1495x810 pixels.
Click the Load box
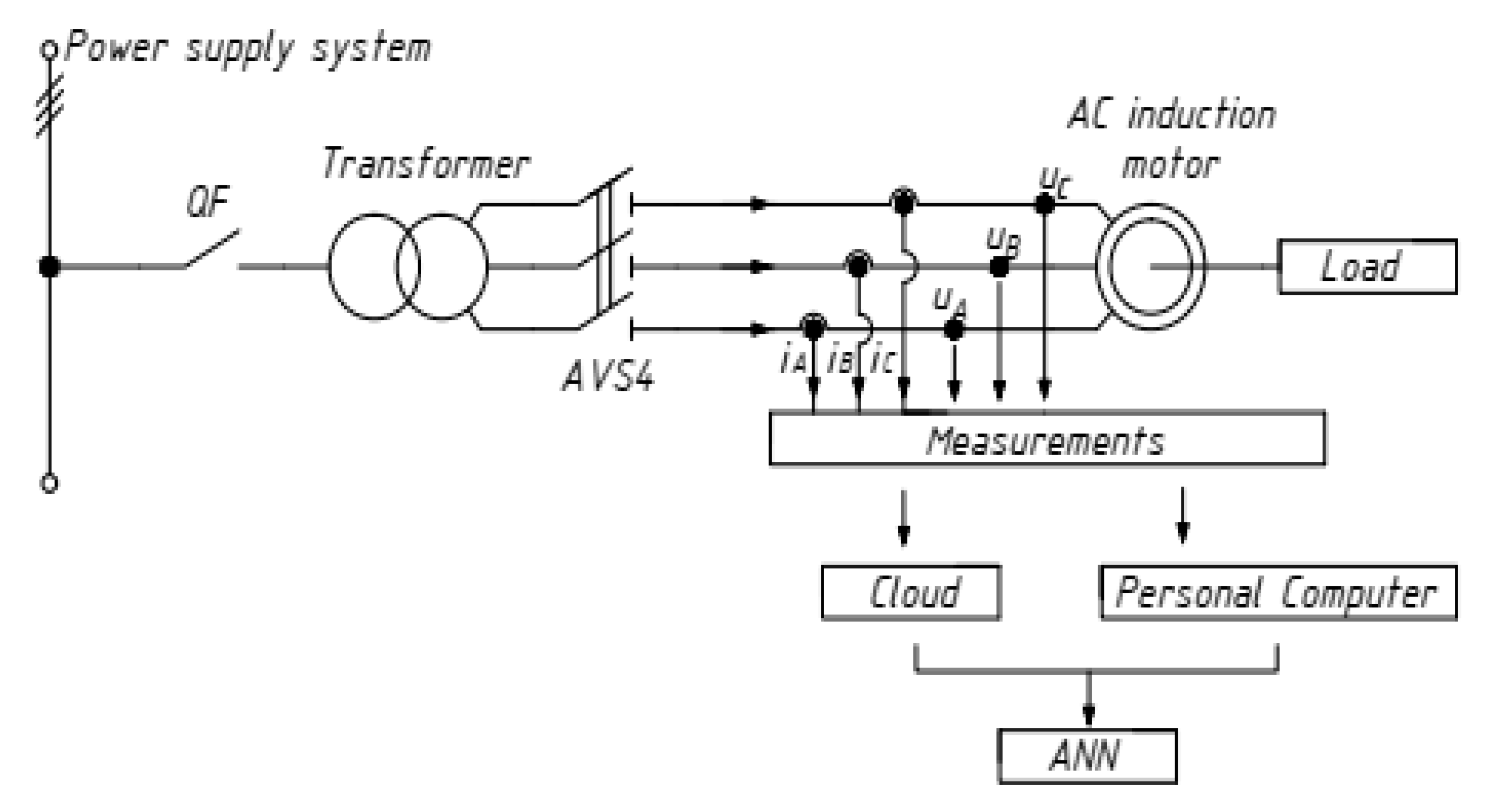coord(1367,267)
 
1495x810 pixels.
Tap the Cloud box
coord(911,592)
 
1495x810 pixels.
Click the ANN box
coord(1087,756)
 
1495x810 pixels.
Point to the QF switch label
coord(208,202)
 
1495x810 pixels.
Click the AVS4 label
coord(608,375)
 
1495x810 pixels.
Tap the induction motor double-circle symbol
coord(1150,267)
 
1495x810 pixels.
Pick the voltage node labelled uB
coord(999,267)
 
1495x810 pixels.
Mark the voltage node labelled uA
coord(953,329)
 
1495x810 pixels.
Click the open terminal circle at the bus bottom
coord(49,483)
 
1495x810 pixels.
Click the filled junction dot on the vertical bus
coord(49,267)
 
